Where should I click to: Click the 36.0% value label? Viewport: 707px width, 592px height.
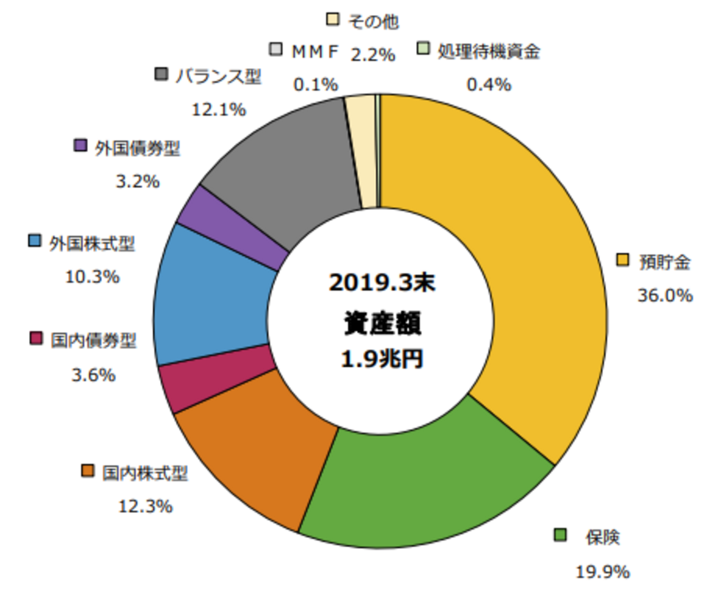tap(665, 295)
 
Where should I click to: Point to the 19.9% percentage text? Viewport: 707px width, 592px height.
tap(603, 572)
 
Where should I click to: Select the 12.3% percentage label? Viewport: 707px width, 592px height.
tap(146, 507)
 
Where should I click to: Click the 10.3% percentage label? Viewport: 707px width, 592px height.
tap(92, 277)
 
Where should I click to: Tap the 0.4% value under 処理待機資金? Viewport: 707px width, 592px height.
tap(489, 84)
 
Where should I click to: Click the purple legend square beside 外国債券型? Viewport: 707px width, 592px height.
tap(80, 146)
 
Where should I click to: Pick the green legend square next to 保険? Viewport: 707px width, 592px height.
tap(560, 535)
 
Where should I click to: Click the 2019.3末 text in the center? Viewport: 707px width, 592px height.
tap(382, 283)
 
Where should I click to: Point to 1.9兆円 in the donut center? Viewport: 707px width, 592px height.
tap(382, 359)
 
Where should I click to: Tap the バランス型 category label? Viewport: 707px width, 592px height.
tap(218, 76)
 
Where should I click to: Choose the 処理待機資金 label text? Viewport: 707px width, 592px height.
tap(488, 52)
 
